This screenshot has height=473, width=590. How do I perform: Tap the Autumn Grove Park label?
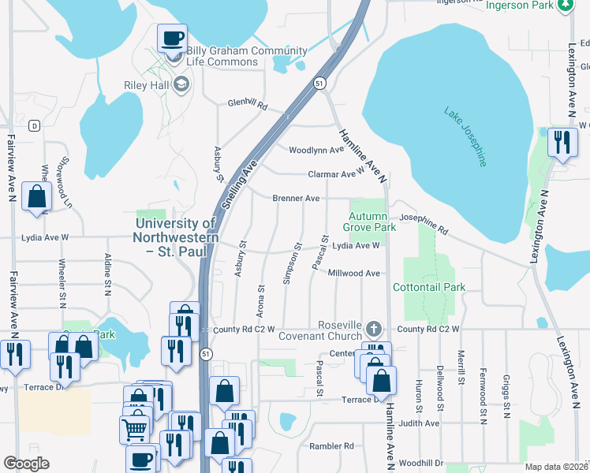coord(369,222)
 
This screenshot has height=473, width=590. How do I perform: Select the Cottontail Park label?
coord(429,288)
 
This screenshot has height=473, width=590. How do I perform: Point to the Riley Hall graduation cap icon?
coord(182,84)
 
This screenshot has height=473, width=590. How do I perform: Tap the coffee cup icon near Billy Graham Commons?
coord(172,38)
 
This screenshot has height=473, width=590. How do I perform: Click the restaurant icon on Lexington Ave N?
coord(562,143)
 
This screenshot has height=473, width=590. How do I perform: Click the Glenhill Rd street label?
coord(248,105)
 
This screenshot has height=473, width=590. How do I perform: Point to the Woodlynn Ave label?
coord(316,150)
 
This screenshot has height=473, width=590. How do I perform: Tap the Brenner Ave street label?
coord(296,198)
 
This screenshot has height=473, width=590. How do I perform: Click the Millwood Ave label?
coord(354,274)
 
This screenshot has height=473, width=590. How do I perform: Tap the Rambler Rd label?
coord(338,446)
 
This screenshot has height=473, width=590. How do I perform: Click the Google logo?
coord(26,464)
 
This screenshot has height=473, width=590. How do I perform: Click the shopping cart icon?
coord(135,430)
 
